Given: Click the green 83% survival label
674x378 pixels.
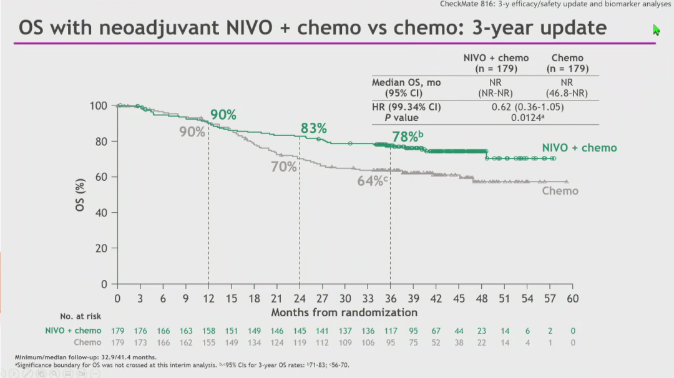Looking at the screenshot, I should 313,128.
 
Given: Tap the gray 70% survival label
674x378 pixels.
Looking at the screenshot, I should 283,167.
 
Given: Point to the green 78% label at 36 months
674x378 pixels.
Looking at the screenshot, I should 406,137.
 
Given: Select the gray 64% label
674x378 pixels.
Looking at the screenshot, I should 371,181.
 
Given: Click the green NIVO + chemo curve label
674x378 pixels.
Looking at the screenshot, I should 579,148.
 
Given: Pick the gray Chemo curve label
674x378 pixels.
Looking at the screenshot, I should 560,190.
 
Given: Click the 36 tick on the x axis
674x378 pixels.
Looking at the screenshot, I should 391,299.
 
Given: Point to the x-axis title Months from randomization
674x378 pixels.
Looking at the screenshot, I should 344,312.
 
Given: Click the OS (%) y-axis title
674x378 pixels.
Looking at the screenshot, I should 81,195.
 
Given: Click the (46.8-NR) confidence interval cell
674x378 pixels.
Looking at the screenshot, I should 567,92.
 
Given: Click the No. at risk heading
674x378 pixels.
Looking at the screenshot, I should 81,317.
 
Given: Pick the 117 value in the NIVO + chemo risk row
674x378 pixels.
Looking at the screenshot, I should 391,331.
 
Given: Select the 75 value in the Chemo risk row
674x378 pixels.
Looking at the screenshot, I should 413,342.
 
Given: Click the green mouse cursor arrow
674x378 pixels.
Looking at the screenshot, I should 656,30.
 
